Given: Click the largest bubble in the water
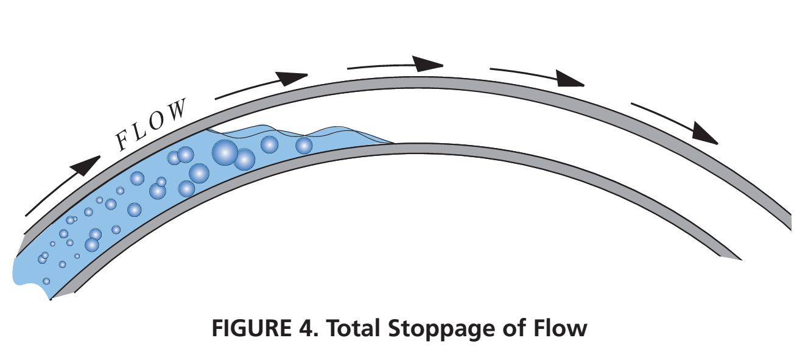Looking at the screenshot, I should point(225,152).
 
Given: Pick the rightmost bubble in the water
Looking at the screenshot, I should point(304,145).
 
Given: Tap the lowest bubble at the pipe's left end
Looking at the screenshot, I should point(46,281).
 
